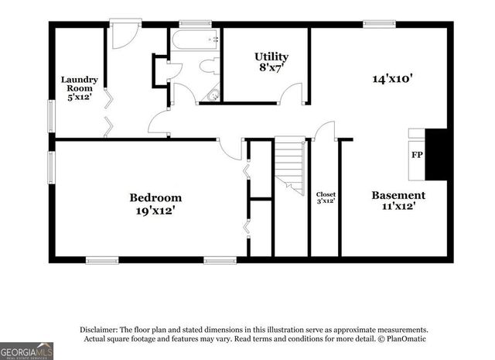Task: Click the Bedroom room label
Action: pos(155,197)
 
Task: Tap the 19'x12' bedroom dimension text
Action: pos(155,210)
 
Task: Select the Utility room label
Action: pos(271,57)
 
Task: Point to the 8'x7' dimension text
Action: pos(271,68)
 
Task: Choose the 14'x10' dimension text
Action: pos(393,77)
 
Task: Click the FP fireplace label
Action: pos(416,155)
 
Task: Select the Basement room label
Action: pos(398,195)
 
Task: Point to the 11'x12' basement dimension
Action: pos(398,207)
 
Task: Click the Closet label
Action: pos(326,194)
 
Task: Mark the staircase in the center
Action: pos(291,165)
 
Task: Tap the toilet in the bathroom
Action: pos(210,67)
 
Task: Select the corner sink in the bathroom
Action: pos(214,96)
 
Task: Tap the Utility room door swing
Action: pos(292,94)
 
